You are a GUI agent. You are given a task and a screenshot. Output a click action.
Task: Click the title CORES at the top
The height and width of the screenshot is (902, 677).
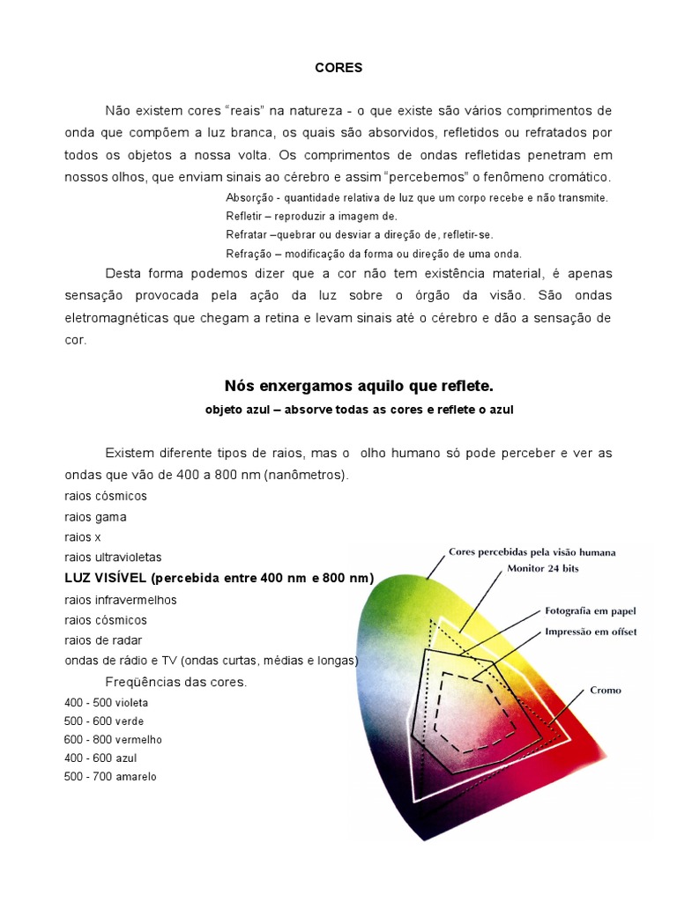(x=338, y=67)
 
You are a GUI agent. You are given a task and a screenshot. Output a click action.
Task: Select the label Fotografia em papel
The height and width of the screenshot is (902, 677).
(x=590, y=611)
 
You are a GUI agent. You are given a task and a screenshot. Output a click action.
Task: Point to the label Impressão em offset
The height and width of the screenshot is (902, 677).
(x=591, y=631)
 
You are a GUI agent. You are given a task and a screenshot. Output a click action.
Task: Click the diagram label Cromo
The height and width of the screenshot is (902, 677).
(x=605, y=690)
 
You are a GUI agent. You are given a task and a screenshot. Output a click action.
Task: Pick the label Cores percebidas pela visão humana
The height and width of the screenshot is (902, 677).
(x=532, y=552)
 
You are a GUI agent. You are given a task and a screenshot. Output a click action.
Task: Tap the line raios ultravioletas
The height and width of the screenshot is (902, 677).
(x=113, y=558)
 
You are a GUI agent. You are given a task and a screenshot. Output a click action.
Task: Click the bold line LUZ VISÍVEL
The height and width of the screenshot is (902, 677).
(x=219, y=578)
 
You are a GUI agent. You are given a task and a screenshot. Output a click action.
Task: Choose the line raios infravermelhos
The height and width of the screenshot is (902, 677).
(x=120, y=600)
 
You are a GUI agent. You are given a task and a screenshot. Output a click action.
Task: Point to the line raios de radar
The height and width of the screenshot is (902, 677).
(x=103, y=640)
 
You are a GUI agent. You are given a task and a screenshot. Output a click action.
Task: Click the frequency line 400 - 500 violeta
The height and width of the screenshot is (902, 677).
(x=106, y=703)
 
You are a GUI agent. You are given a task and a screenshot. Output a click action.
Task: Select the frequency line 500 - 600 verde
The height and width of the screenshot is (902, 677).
(x=104, y=721)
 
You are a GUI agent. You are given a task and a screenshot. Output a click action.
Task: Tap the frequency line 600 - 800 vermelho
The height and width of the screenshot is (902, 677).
(x=113, y=740)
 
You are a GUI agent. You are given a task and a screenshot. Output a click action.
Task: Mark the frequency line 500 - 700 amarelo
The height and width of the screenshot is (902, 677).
(x=110, y=777)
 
